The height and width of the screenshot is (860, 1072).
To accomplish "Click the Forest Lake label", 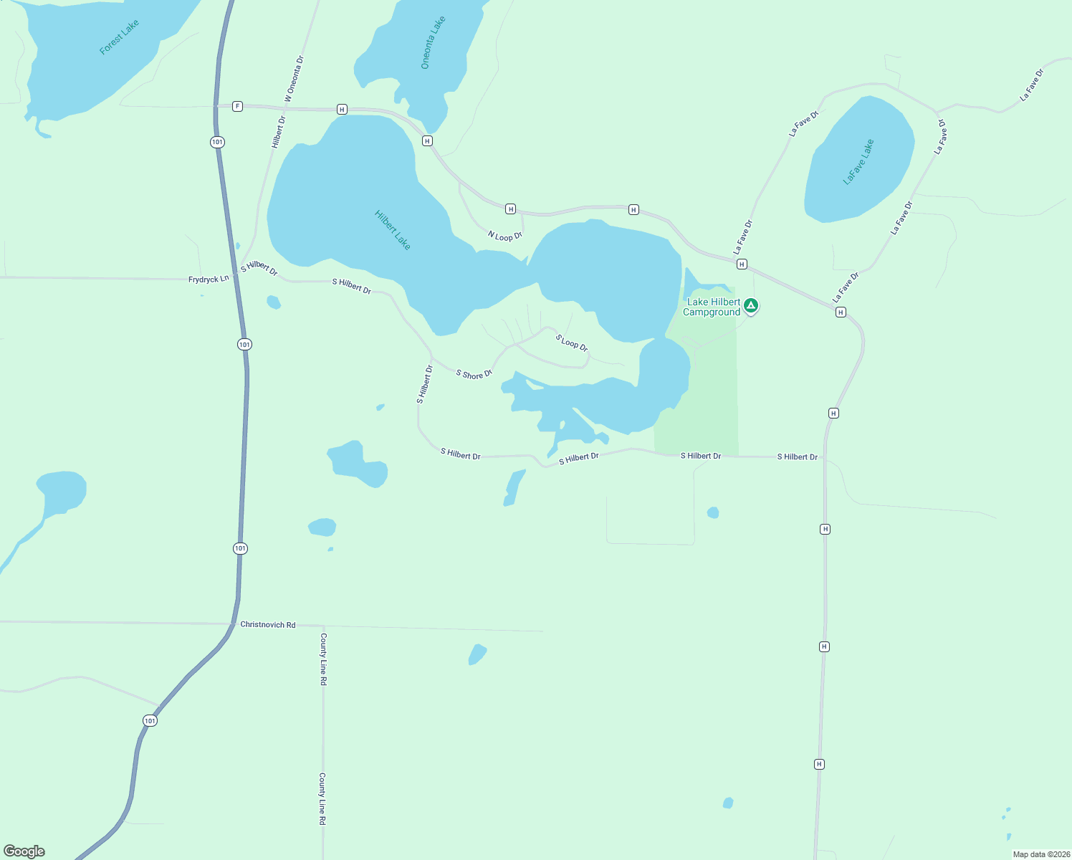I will pyautogui.click(x=119, y=37).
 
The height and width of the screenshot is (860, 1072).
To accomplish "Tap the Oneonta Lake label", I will pyautogui.click(x=433, y=42).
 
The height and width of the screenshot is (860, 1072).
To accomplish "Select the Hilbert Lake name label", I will pyautogui.click(x=393, y=230).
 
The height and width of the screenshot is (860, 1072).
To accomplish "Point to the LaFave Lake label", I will pyautogui.click(x=858, y=162).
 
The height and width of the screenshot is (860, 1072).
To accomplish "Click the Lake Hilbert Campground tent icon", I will pyautogui.click(x=750, y=306).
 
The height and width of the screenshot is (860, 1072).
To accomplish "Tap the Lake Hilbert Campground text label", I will pyautogui.click(x=712, y=307).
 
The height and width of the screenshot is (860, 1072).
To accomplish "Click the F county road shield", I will pyautogui.click(x=237, y=106).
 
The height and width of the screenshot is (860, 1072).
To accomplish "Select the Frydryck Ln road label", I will pyautogui.click(x=209, y=279).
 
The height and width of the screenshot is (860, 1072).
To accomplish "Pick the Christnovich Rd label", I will pyautogui.click(x=268, y=625).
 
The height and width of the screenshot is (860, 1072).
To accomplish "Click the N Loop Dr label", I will pyautogui.click(x=505, y=236).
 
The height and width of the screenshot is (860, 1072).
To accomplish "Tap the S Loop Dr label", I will pyautogui.click(x=572, y=343).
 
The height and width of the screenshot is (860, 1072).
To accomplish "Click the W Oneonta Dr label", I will pyautogui.click(x=295, y=79).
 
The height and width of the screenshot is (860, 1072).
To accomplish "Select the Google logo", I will pyautogui.click(x=24, y=851).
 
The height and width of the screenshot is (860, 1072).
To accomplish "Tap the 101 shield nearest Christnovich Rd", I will pyautogui.click(x=240, y=548).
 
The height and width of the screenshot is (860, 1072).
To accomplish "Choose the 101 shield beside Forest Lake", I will pyautogui.click(x=217, y=142).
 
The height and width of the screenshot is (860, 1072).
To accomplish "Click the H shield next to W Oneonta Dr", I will pyautogui.click(x=342, y=110).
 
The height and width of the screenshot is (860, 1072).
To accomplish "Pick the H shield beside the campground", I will pyautogui.click(x=742, y=264).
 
